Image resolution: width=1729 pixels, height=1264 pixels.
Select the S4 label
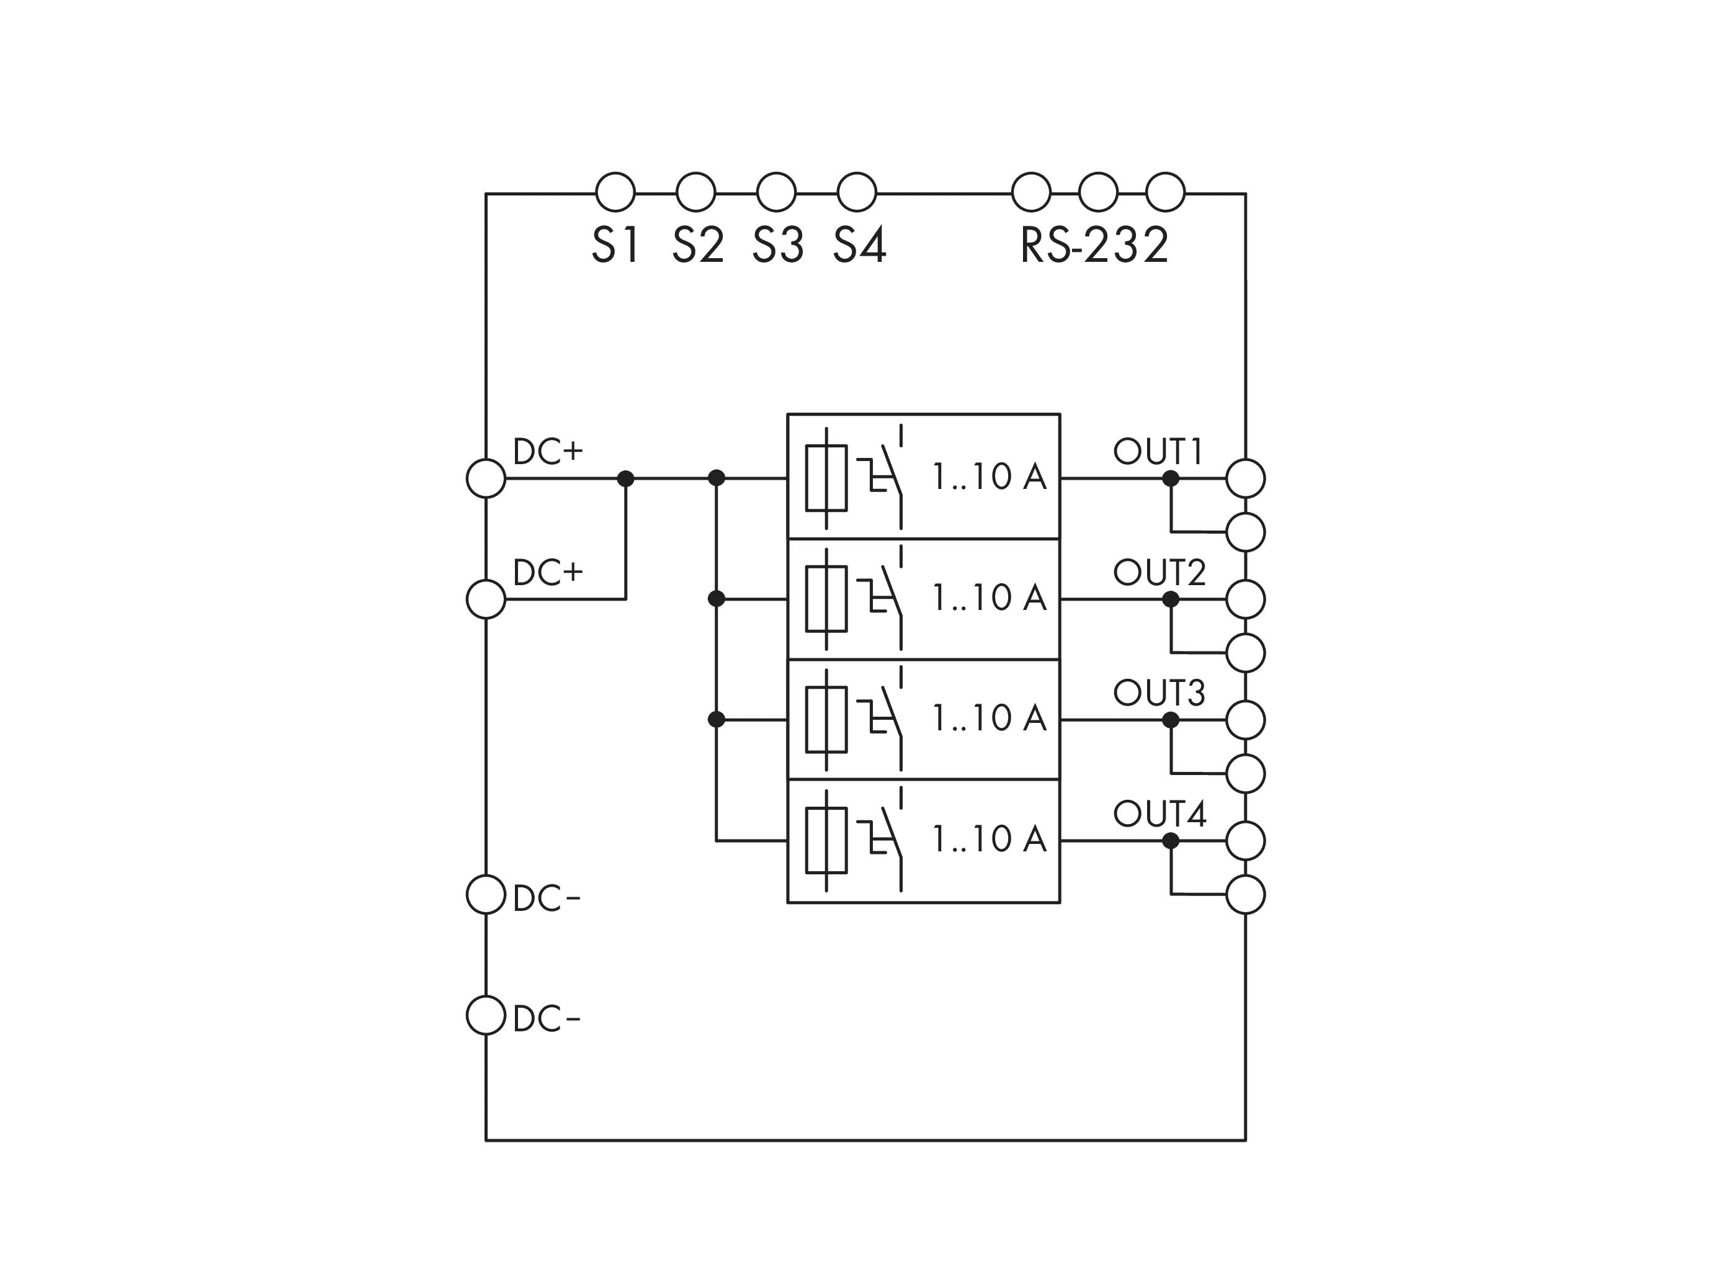pyautogui.click(x=859, y=246)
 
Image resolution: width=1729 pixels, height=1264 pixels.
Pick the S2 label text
pyautogui.click(x=698, y=246)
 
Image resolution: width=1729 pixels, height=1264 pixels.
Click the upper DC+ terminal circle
pyautogui.click(x=486, y=478)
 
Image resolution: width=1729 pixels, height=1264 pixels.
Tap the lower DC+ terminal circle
pyautogui.click(x=486, y=599)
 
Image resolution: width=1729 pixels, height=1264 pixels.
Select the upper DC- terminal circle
pyautogui.click(x=486, y=894)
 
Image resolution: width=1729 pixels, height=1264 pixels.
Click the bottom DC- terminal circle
pyautogui.click(x=486, y=1015)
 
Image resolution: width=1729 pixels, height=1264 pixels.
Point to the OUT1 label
pyautogui.click(x=1158, y=452)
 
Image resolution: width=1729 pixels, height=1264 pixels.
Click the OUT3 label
pyautogui.click(x=1159, y=693)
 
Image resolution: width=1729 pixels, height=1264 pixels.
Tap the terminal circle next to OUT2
pyautogui.click(x=1246, y=599)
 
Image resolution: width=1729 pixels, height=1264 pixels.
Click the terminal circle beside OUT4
pyautogui.click(x=1246, y=841)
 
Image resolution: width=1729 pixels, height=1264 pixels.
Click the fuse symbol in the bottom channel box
pyautogui.click(x=826, y=840)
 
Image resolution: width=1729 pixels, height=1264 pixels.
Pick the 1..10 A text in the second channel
pyautogui.click(x=988, y=598)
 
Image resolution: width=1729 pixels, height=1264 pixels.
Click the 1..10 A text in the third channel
pyautogui.click(x=988, y=718)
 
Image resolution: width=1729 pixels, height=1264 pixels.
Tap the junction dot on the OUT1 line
pyautogui.click(x=1171, y=479)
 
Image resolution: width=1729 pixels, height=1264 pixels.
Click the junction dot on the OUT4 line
pyautogui.click(x=1171, y=841)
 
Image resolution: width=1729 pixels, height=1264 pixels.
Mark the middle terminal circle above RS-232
pyautogui.click(x=1098, y=192)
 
